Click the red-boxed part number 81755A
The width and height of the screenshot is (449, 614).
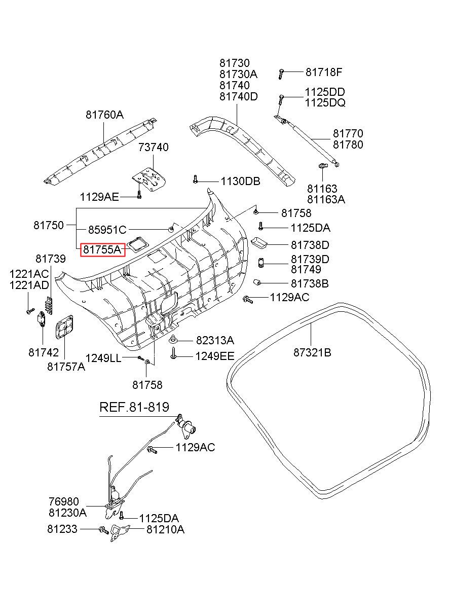click(103, 249)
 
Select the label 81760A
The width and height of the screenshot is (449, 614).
click(104, 115)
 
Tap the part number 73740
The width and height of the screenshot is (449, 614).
click(154, 148)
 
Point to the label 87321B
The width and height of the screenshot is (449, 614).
click(312, 352)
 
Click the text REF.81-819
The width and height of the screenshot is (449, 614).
click(134, 407)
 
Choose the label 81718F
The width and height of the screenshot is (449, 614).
click(324, 73)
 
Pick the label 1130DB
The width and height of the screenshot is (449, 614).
click(240, 181)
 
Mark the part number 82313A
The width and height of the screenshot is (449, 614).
click(215, 340)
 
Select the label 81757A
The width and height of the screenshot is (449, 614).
click(66, 367)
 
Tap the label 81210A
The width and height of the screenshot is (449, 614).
click(165, 530)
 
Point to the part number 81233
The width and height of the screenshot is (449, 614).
click(62, 529)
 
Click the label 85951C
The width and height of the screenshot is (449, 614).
click(107, 230)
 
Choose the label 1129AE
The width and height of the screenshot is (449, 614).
click(99, 196)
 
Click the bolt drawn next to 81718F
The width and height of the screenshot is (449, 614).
click(280, 74)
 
